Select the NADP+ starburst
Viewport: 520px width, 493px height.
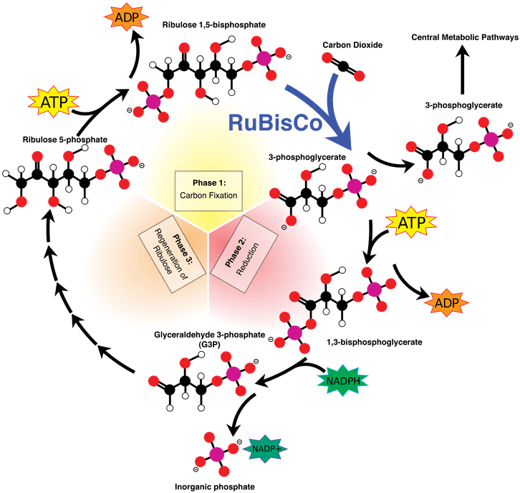click(x=266, y=449)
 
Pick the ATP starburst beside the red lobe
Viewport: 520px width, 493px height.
click(x=411, y=224)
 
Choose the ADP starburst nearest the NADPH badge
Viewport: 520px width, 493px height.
click(x=446, y=303)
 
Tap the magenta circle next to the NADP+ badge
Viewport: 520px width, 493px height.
click(x=217, y=454)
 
